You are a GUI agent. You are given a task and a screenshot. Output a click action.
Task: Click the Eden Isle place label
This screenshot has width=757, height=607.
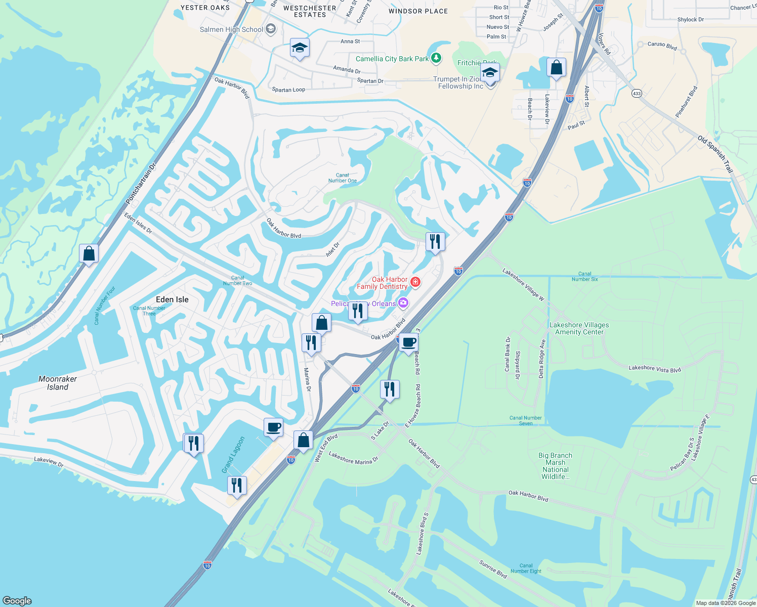pyautogui.click(x=172, y=299)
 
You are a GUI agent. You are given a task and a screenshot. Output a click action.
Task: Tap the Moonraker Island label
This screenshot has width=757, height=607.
pyautogui.click(x=58, y=383)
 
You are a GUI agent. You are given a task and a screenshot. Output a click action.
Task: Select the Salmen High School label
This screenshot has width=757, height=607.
pyautogui.click(x=231, y=29)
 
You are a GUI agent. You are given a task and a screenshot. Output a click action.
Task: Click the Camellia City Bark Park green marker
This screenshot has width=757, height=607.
pyautogui.click(x=436, y=59)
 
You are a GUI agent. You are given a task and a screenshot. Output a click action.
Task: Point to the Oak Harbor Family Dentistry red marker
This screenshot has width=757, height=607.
pyautogui.click(x=415, y=282)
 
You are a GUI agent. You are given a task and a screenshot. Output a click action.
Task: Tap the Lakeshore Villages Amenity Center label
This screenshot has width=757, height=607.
pyautogui.click(x=579, y=329)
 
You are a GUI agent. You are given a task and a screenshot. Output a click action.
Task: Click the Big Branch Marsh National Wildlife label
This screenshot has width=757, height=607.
pyautogui.click(x=555, y=466)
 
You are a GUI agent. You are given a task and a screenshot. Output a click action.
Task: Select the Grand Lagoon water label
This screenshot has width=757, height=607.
pyautogui.click(x=233, y=455)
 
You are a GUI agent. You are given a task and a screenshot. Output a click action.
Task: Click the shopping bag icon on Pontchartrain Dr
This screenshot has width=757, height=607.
pyautogui.click(x=89, y=253)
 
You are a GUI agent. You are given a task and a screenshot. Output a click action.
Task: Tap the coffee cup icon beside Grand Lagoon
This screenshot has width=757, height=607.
pyautogui.click(x=273, y=427)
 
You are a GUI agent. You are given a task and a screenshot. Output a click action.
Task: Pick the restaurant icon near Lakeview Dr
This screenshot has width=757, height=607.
pyautogui.click(x=193, y=443)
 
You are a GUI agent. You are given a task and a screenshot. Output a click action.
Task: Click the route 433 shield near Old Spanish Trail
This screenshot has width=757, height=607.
pyautogui.click(x=637, y=94)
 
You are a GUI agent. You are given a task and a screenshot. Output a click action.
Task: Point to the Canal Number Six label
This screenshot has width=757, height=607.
pyautogui.click(x=584, y=276)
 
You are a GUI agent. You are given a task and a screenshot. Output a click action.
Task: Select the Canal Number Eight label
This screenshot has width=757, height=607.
pyautogui.click(x=526, y=569)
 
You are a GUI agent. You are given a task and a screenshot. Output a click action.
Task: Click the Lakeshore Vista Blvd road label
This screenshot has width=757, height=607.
pyautogui.click(x=655, y=369)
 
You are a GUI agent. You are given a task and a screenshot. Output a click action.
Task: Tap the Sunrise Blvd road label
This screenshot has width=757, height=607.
pyautogui.click(x=493, y=569)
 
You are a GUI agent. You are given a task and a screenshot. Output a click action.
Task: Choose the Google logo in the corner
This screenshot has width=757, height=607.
pyautogui.click(x=17, y=600)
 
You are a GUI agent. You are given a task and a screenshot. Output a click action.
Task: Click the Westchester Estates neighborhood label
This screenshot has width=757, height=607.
pyautogui.click(x=310, y=11)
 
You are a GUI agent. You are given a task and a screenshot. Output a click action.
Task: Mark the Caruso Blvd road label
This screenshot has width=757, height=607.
pyautogui.click(x=662, y=46)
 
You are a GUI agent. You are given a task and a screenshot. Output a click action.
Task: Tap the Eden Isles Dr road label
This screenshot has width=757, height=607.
pyautogui.click(x=138, y=223)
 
